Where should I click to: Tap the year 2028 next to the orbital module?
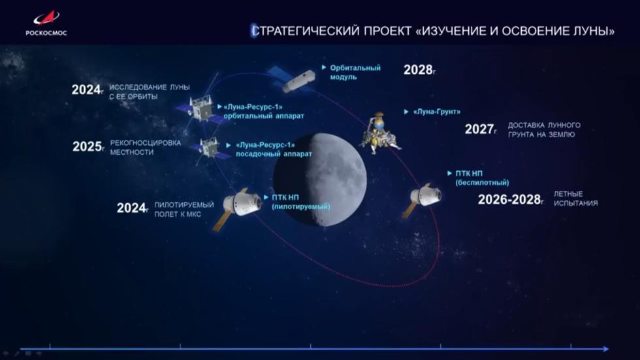(418, 70)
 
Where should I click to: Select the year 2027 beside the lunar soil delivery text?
(479, 129)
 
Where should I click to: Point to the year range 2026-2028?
(509, 199)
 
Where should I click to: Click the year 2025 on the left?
(86, 147)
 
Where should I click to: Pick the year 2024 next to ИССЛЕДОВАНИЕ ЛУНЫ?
(86, 90)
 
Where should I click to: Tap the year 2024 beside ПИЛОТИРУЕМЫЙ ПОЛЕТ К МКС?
(131, 208)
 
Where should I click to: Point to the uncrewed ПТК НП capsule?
(424, 196)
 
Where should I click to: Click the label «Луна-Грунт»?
(432, 112)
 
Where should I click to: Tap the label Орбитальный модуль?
(355, 72)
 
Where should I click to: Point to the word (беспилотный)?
(482, 183)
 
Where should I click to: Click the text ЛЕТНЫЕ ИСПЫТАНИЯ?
(575, 199)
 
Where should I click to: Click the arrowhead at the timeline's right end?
(605, 348)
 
